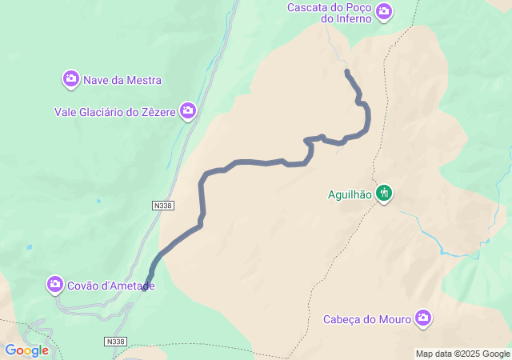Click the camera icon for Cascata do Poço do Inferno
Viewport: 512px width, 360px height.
tap(384, 10)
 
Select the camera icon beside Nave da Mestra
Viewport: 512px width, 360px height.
tap(71, 79)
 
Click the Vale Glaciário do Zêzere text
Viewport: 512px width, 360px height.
tap(114, 112)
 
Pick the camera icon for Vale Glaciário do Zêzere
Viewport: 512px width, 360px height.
tap(187, 111)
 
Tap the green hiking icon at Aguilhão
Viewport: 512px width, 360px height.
tap(384, 193)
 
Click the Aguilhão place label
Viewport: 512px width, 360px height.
tap(350, 194)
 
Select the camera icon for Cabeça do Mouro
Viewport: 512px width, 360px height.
tap(422, 319)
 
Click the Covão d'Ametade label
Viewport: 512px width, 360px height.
tap(111, 285)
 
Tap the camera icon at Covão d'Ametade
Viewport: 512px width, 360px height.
tap(55, 284)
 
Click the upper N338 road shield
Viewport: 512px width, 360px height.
tap(162, 206)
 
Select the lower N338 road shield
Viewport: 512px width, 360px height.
tap(115, 342)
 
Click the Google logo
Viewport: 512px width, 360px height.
tap(26, 350)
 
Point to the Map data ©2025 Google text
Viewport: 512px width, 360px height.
tap(462, 354)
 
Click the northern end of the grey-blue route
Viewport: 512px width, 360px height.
tap(347, 72)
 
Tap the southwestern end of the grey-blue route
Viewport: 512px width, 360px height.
tap(145, 288)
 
